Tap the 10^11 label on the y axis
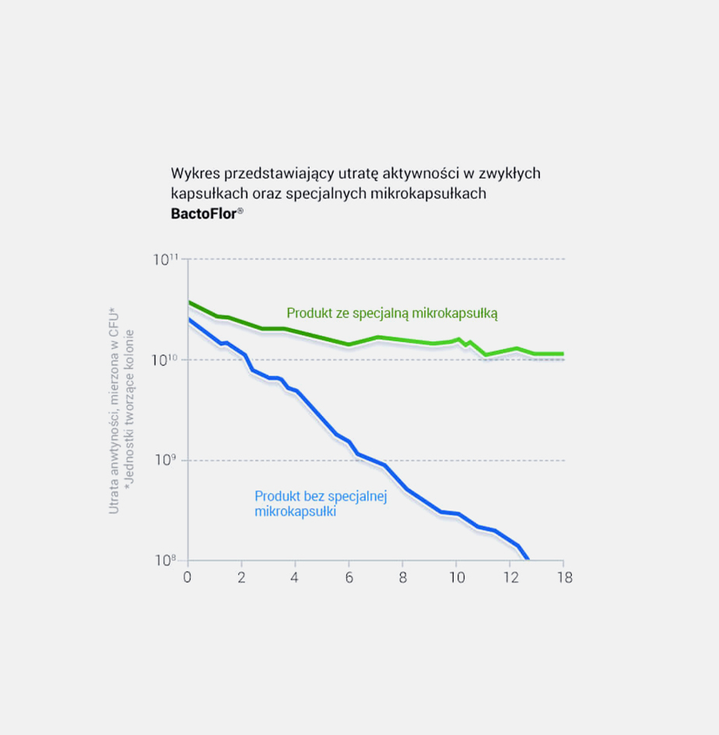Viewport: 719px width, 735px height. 166,258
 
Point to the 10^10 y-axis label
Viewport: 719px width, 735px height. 166,359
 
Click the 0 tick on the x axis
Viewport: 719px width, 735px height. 187,578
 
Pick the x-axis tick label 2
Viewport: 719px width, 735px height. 241,578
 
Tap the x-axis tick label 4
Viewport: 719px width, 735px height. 295,578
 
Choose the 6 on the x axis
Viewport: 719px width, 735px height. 349,578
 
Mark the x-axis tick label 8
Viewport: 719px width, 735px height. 402,578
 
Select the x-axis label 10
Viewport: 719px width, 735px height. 457,578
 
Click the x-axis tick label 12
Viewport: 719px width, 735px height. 510,578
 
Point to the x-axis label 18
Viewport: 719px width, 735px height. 564,578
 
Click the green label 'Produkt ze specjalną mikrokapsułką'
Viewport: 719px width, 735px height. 391,313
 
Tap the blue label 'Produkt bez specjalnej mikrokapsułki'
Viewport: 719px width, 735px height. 320,504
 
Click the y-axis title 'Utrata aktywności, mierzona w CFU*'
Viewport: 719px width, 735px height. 114,411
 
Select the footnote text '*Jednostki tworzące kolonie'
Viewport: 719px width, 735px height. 130,411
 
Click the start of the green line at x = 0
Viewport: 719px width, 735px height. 189,303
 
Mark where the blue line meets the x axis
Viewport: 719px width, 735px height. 528,559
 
